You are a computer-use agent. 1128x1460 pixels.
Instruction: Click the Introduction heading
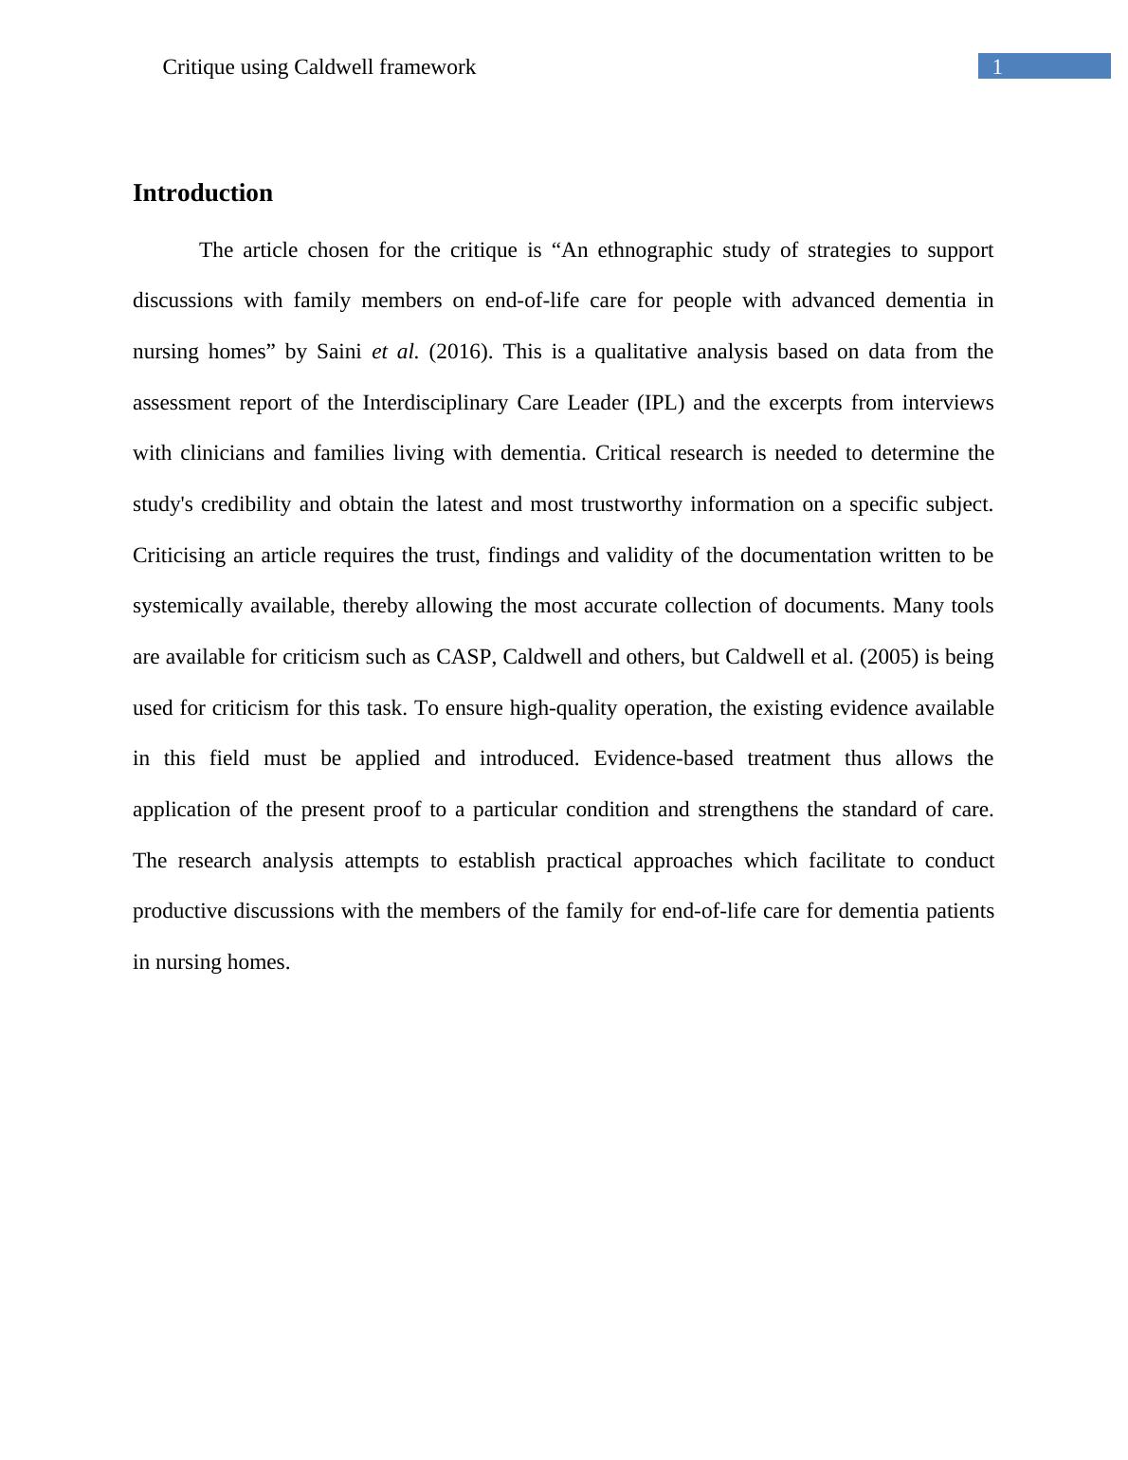coord(203,193)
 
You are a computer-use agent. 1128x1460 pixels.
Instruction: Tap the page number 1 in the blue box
coord(997,67)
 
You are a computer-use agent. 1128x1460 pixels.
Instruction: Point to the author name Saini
coord(338,352)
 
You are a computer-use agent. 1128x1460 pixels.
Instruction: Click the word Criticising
coord(178,556)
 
